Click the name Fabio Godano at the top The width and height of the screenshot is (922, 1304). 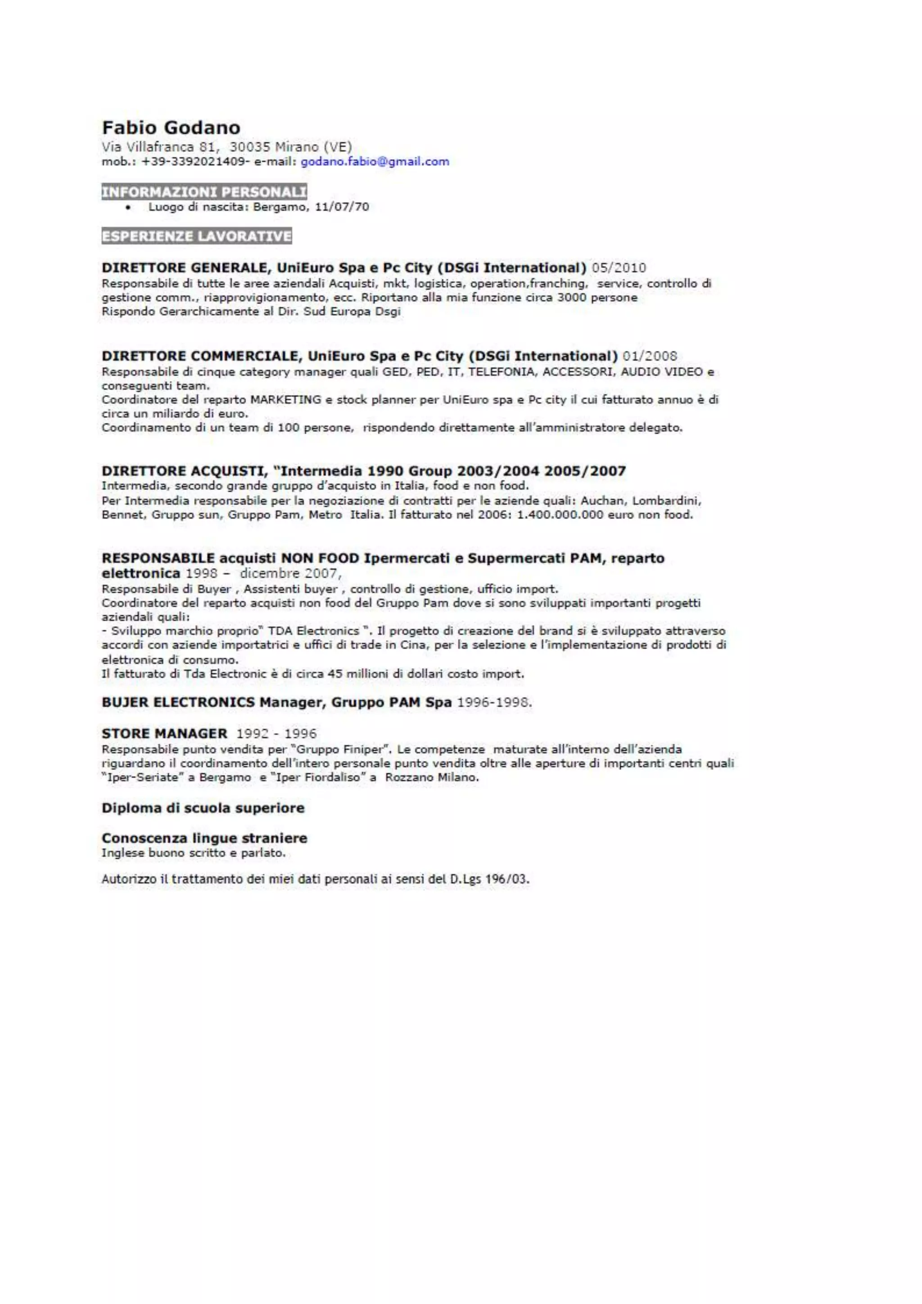pyautogui.click(x=171, y=127)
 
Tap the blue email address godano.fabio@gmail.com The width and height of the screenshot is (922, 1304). pyautogui.click(x=375, y=161)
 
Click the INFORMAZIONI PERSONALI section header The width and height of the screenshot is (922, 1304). pyautogui.click(x=204, y=192)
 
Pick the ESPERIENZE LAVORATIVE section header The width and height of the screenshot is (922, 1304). pyautogui.click(x=196, y=236)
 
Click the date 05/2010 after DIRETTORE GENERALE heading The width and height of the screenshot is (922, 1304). pyautogui.click(x=618, y=267)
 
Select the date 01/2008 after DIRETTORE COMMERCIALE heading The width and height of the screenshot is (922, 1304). pyautogui.click(x=650, y=356)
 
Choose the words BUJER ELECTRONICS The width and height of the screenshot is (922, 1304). pyautogui.click(x=178, y=702)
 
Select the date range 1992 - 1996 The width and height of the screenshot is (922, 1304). pyautogui.click(x=276, y=734)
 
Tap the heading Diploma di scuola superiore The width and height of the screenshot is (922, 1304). pyautogui.click(x=203, y=808)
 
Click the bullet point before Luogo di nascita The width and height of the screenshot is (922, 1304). pyautogui.click(x=131, y=207)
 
